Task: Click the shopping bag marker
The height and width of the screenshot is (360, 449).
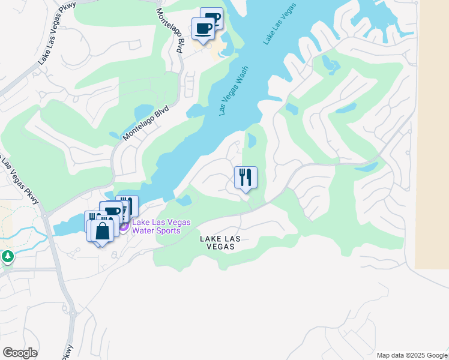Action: [x=103, y=231]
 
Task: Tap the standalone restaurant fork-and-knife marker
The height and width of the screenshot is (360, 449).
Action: [x=246, y=178]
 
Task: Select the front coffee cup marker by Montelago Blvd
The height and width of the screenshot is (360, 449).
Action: [x=203, y=28]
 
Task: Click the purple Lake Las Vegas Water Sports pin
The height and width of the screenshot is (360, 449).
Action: [x=123, y=226]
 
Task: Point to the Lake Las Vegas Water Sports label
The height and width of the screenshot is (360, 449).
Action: [x=161, y=226]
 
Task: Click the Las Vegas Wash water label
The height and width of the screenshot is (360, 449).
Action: [x=234, y=91]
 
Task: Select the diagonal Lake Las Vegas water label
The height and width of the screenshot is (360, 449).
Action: [x=280, y=26]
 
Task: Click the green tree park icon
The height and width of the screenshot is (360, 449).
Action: [x=7, y=257]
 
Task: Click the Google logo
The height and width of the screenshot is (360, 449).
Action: [x=20, y=353]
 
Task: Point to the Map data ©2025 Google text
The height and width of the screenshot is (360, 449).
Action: [x=412, y=355]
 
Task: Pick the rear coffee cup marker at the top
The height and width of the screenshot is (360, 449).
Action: [x=212, y=17]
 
